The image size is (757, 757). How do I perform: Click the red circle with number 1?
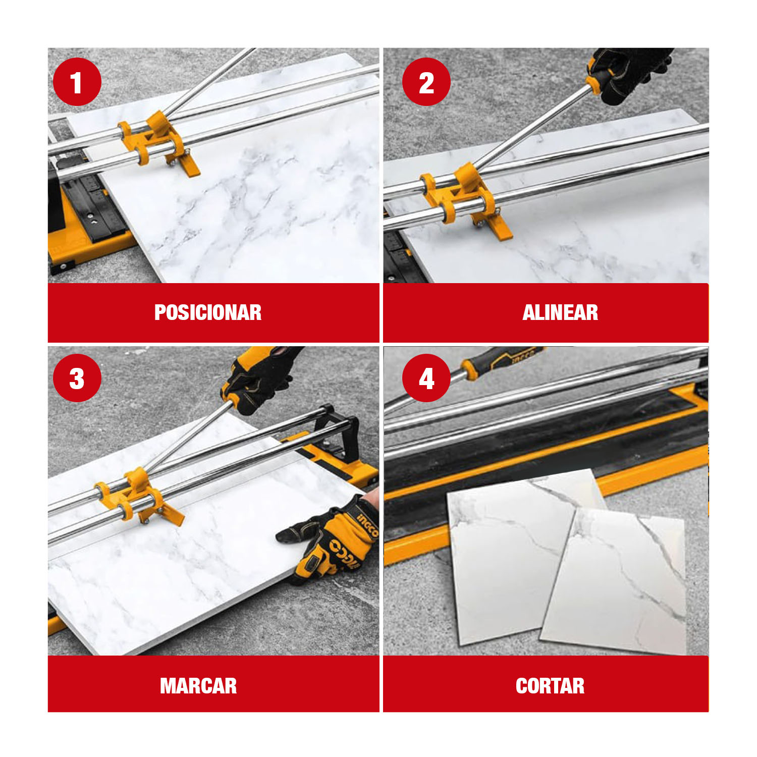tap(77, 82)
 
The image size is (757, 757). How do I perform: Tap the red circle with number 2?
tap(426, 82)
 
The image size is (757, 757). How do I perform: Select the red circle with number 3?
tap(77, 378)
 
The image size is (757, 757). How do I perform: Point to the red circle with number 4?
tap(426, 378)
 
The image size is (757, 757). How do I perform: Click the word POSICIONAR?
tap(208, 312)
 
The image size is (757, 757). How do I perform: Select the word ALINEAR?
tap(560, 312)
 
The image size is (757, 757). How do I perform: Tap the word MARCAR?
tap(198, 686)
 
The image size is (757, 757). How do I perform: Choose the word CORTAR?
tap(550, 686)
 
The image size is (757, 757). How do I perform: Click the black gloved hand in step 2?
tap(628, 73)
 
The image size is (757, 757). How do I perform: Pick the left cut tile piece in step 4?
tap(520, 555)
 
